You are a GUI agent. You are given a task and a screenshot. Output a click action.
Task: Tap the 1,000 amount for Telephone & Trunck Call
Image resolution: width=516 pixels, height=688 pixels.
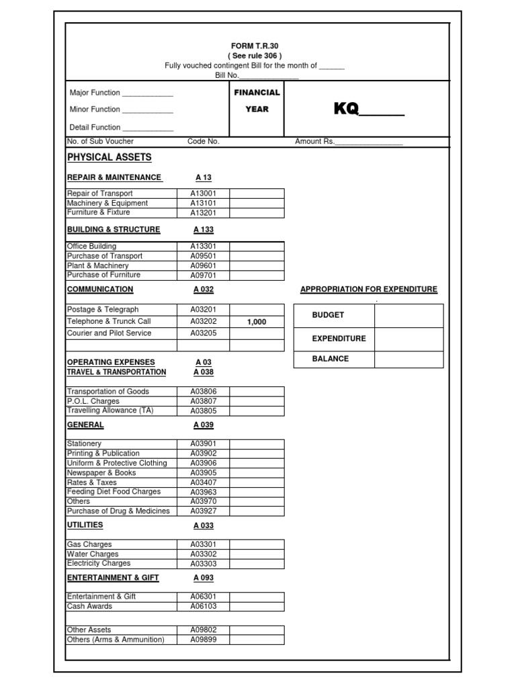[x=257, y=322]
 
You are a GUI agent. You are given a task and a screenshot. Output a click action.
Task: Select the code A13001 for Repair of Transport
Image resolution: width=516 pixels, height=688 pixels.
[x=203, y=193]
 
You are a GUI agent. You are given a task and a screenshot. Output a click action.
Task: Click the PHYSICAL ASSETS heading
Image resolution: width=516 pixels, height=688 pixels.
[x=110, y=157]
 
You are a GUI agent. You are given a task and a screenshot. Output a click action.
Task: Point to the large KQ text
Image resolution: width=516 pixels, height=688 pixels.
[x=347, y=110]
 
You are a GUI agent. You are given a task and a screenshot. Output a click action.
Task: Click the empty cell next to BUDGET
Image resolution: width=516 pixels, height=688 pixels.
[x=408, y=315]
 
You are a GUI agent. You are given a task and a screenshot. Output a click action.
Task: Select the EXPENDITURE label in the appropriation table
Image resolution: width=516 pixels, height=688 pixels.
[x=339, y=339]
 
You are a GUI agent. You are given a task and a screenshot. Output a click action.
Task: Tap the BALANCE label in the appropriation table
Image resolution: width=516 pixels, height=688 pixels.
[x=331, y=359]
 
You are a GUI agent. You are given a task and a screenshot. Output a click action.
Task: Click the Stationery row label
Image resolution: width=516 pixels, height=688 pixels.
[x=85, y=444]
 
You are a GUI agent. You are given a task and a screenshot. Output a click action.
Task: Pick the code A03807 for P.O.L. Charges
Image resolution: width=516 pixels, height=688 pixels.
[x=203, y=401]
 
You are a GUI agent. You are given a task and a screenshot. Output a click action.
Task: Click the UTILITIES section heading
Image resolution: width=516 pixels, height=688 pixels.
[x=85, y=524]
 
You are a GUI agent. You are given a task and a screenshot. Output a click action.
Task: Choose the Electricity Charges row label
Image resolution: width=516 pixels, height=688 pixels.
[x=99, y=564]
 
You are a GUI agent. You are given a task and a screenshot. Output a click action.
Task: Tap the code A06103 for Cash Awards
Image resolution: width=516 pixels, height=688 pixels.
[x=203, y=607]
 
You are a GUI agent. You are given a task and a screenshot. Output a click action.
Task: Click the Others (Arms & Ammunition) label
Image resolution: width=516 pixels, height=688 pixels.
[x=116, y=640]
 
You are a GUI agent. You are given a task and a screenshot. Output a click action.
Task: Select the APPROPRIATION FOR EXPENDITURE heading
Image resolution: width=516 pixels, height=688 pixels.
[x=369, y=290]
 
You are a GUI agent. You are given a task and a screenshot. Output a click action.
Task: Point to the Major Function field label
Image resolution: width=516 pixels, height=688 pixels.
[x=95, y=93]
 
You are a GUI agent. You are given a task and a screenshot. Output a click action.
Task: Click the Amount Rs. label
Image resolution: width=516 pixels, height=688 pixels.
[x=314, y=142]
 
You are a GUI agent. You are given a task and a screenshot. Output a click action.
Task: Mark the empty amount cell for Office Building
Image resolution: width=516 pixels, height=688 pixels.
[x=257, y=247]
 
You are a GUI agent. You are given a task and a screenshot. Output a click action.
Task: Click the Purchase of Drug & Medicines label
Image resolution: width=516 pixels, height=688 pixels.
[x=118, y=511]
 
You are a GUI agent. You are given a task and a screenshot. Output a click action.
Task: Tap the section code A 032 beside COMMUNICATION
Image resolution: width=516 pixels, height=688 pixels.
[x=203, y=290]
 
